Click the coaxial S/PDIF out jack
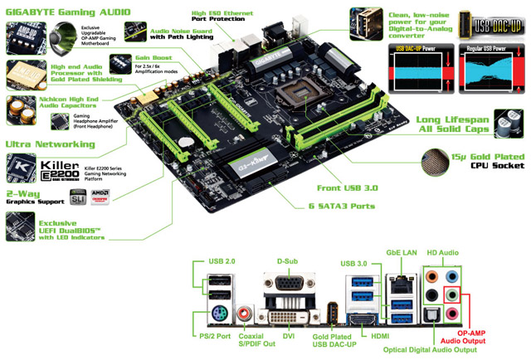pyautogui.click(x=246, y=315)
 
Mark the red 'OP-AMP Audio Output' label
pyautogui.click(x=489, y=335)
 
